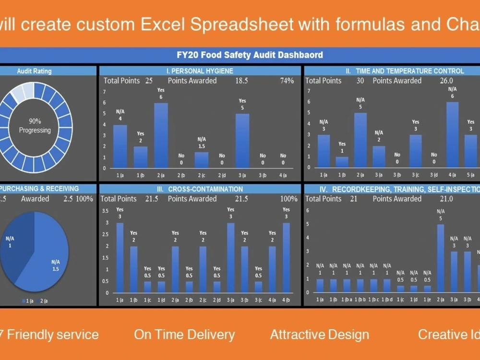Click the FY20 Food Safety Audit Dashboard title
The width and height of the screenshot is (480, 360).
pos(250,55)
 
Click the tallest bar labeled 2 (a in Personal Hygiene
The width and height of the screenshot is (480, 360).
pos(161,135)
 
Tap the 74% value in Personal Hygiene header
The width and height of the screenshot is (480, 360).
pos(287,81)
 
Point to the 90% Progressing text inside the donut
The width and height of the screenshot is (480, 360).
pos(35,126)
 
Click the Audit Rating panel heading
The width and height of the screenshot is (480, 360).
pos(34,71)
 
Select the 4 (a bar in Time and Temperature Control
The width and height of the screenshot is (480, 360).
pos(452,134)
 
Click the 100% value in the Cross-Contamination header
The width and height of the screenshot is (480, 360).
pos(288,199)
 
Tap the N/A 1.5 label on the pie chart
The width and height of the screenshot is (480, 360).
pos(55,265)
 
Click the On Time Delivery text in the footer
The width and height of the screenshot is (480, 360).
pos(184,335)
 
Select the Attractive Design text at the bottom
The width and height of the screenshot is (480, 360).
pos(320,335)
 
